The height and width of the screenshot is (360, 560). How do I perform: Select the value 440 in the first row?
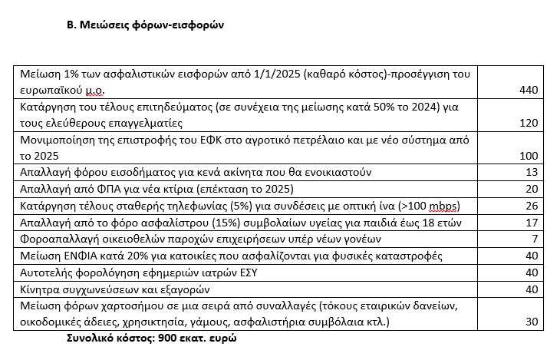click(529, 91)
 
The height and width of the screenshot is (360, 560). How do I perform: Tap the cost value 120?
click(529, 123)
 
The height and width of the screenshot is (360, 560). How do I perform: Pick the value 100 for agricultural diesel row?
click(529, 155)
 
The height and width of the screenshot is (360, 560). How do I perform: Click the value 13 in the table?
click(533, 172)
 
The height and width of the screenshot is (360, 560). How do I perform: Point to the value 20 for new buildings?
click(533, 189)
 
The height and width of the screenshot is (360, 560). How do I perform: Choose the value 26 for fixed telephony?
click(533, 206)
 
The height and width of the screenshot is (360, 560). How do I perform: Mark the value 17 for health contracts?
click(533, 223)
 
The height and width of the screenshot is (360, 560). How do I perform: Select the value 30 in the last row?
click(533, 322)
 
